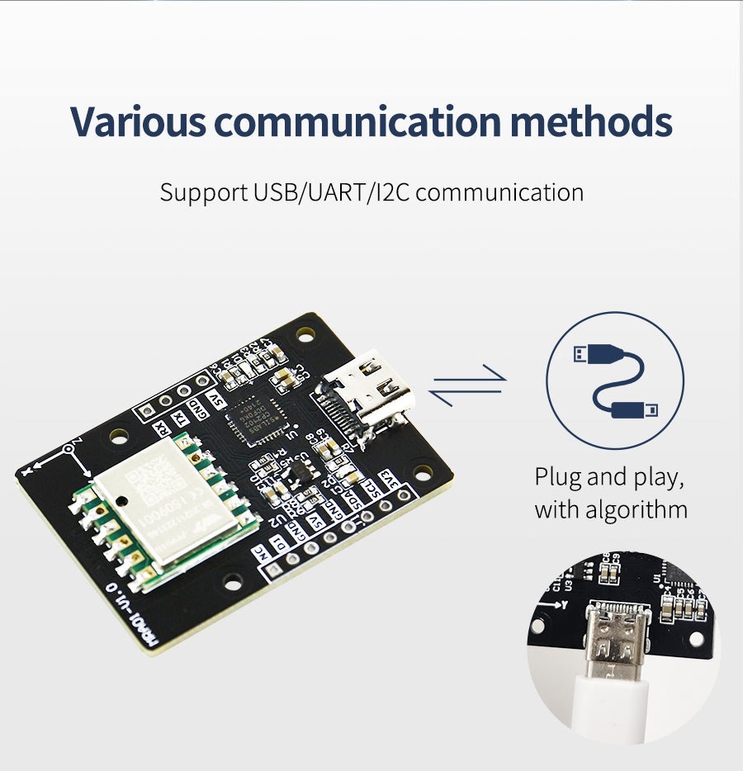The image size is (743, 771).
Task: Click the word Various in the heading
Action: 138,121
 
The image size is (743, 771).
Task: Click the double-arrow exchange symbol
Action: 467,385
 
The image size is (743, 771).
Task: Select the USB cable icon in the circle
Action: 615,381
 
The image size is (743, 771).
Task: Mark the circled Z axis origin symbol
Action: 69,450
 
